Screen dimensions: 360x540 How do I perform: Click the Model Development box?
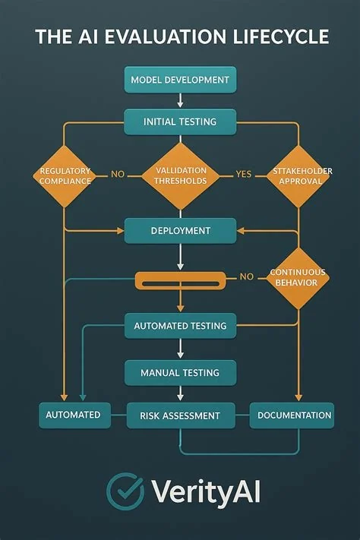180,80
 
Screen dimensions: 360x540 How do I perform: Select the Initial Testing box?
180,122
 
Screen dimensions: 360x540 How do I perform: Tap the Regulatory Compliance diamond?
65,176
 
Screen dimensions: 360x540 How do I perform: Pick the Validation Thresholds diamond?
180,176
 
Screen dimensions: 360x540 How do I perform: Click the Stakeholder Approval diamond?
298,176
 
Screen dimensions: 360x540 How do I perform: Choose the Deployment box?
180,231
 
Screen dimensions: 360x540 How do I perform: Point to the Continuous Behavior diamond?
298,278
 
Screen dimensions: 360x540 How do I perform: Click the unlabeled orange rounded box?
180,281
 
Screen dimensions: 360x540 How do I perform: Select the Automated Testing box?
180,326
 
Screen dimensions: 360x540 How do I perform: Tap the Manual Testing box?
180,373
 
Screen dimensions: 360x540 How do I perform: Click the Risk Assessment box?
181,415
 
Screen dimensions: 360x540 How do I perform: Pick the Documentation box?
292,415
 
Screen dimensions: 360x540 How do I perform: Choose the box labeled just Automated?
74,415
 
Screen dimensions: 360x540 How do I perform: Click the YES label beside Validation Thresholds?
244,174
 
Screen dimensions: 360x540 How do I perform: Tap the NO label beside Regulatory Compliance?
118,174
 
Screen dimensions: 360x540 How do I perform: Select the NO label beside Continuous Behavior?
247,276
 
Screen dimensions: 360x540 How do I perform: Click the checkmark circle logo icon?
125,491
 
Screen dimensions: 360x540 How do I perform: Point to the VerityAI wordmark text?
206,492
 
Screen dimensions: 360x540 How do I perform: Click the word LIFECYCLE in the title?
281,36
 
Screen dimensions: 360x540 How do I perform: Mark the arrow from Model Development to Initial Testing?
180,100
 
